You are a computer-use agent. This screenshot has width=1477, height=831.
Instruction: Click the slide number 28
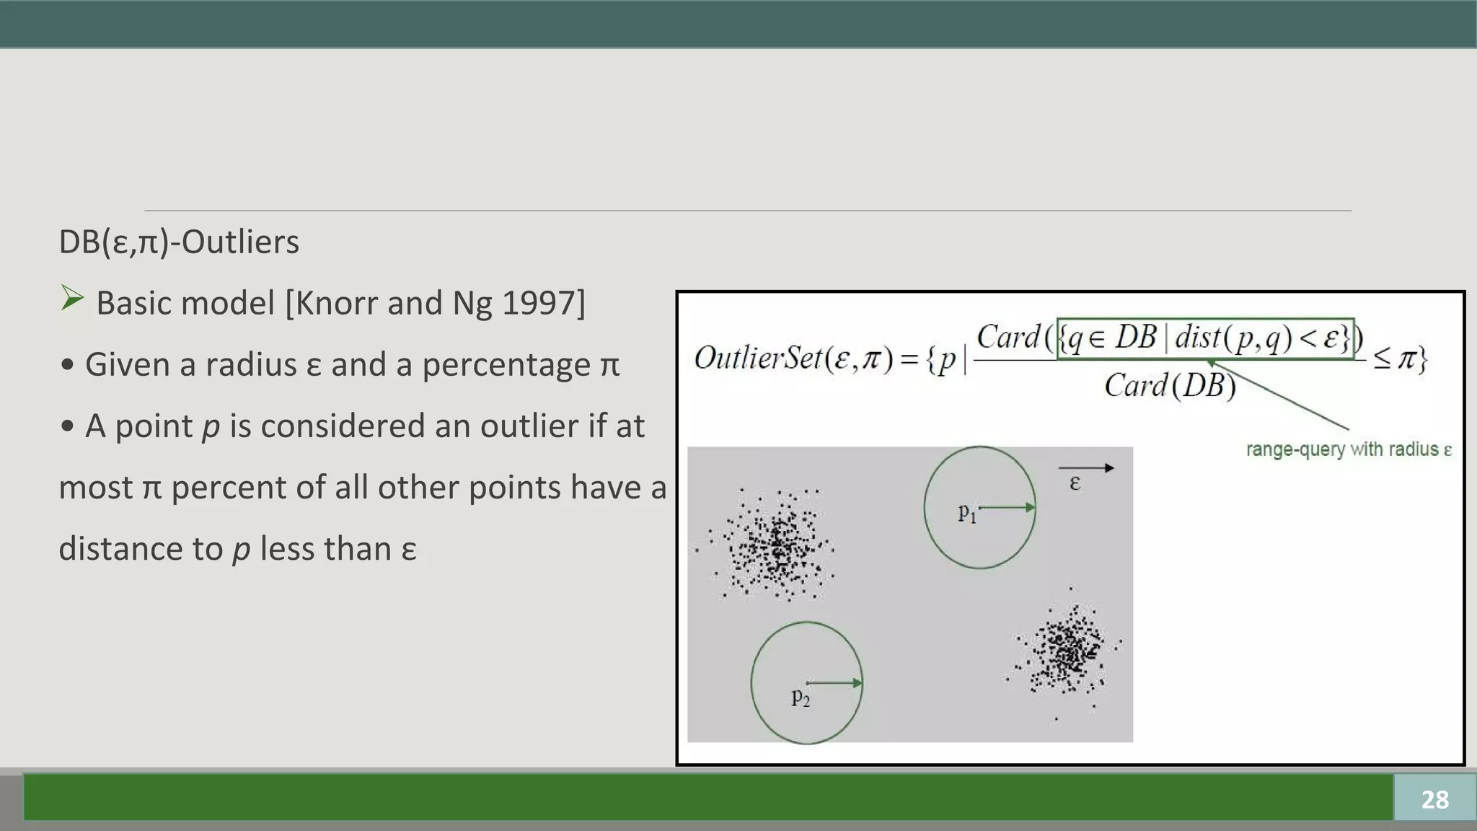point(1434,799)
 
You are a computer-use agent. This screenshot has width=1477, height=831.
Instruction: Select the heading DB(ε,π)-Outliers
point(179,242)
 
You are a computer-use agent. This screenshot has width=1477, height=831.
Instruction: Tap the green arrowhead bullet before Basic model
point(72,298)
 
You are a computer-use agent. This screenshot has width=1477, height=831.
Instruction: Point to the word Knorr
point(337,303)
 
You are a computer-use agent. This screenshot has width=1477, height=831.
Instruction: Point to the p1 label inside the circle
point(966,513)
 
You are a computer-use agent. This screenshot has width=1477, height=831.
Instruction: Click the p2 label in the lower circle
point(801,697)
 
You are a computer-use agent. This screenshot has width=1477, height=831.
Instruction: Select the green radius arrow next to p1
point(1008,508)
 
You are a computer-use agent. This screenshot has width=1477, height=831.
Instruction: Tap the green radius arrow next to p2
point(834,682)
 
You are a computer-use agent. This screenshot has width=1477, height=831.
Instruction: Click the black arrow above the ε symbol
point(1086,468)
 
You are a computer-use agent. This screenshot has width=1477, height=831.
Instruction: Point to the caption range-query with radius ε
point(1349,449)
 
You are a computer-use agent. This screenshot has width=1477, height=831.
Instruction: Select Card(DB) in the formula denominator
point(1170,385)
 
